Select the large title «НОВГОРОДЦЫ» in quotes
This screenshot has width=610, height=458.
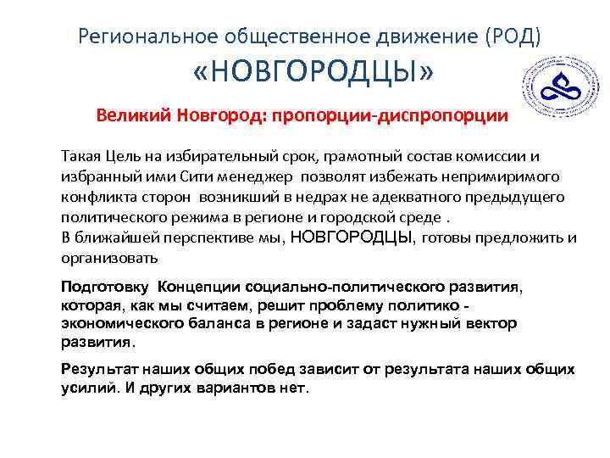313,76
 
